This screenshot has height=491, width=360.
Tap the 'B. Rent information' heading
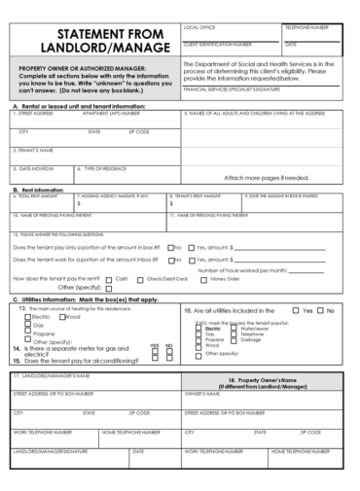click(39, 189)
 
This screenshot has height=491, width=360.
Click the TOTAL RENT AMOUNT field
click(39, 201)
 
